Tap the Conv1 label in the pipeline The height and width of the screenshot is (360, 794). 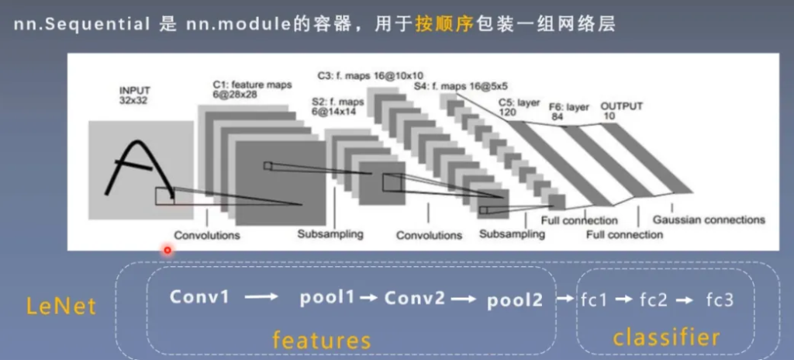(x=199, y=296)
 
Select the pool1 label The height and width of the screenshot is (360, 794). (x=326, y=297)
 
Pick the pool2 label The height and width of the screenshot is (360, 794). (x=515, y=299)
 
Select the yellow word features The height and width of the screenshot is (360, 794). (x=320, y=339)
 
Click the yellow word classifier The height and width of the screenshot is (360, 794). (x=665, y=337)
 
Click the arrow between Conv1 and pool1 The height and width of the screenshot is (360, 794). (x=262, y=296)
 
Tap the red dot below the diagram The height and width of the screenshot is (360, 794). (x=167, y=250)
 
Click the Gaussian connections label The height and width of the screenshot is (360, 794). (x=708, y=220)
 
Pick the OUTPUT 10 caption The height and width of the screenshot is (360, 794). (x=622, y=111)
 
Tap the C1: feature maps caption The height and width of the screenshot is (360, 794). (x=252, y=88)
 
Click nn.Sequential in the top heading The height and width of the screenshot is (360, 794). (x=81, y=24)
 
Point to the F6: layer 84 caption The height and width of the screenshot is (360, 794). (x=568, y=111)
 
